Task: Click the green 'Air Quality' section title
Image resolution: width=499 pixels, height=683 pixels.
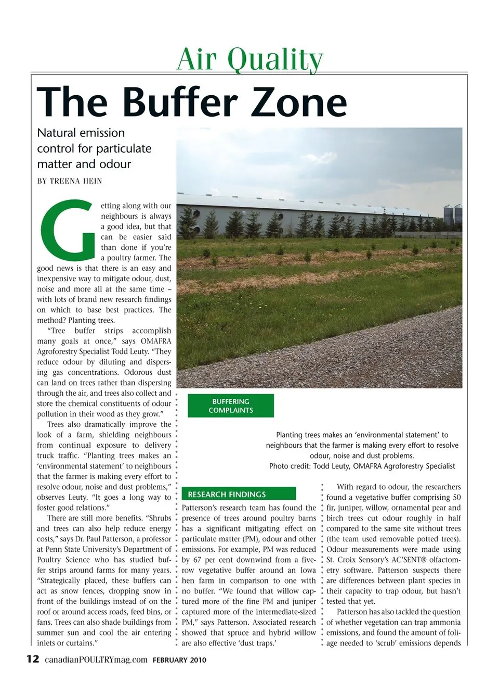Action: pos(249,59)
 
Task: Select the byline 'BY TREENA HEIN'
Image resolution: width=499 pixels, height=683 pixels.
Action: pos(70,181)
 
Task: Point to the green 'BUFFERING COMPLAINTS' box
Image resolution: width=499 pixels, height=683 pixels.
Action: pos(231,406)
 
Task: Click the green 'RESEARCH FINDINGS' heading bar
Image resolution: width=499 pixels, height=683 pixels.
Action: pos(239,494)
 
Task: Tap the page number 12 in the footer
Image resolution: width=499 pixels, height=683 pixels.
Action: pos(32,659)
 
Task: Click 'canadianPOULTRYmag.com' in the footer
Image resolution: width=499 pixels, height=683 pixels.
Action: pos(96,660)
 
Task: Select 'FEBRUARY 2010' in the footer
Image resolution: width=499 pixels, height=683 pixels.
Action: pos(179,660)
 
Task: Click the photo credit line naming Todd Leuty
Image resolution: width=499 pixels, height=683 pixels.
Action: pos(362,466)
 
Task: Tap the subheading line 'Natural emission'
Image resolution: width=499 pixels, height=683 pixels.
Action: pos(81,133)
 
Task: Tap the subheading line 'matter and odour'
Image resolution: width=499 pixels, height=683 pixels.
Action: pos(84,164)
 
